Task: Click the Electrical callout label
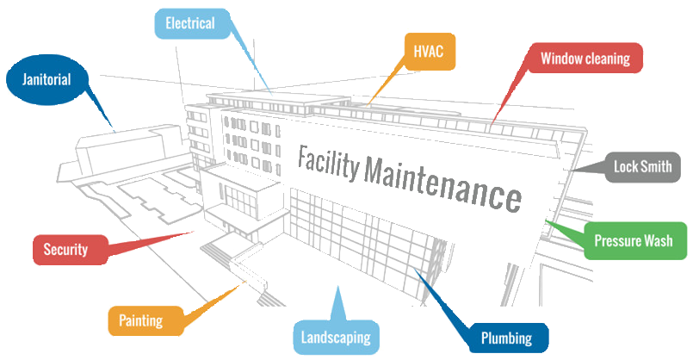pyautogui.click(x=189, y=23)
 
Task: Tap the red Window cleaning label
pyautogui.click(x=585, y=59)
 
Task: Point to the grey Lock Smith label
pyautogui.click(x=643, y=167)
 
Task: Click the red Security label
pyautogui.click(x=67, y=250)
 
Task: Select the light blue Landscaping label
pyautogui.click(x=336, y=337)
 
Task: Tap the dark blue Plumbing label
pyautogui.click(x=507, y=338)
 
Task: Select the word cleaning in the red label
pyautogui.click(x=609, y=59)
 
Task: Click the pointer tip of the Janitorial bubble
pyautogui.click(x=114, y=133)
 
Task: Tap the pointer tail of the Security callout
pyautogui.click(x=191, y=231)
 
